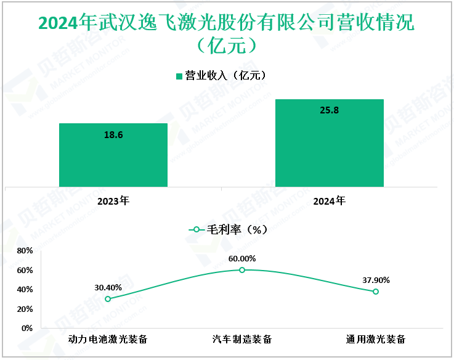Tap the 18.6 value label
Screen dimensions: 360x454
113,134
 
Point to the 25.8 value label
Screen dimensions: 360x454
329,110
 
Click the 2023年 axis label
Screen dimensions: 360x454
113,201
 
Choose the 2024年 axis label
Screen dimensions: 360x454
329,201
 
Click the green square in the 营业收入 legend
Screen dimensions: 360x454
179,76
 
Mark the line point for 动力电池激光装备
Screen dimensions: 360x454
108,299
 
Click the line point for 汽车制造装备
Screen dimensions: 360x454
242,270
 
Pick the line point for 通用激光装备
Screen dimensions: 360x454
376,292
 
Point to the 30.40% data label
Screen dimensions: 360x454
108,287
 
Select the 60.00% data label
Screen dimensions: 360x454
242,258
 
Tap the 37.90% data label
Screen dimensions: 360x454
376,280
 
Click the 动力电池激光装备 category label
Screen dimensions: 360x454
108,340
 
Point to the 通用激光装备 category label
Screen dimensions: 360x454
376,340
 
